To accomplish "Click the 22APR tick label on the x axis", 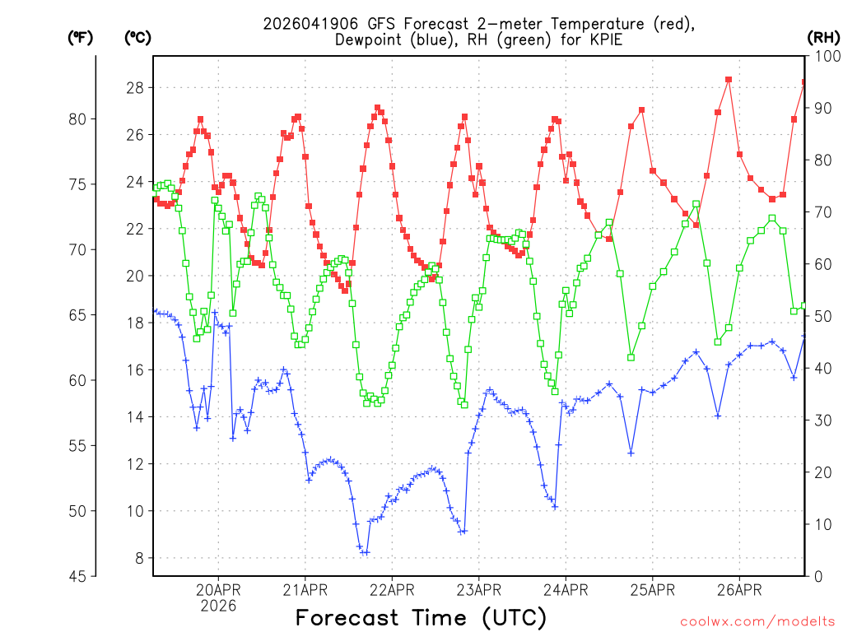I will point(392,589).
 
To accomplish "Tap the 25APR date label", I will point(652,589).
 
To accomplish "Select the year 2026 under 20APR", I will point(218,606).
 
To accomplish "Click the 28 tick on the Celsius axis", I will point(135,88).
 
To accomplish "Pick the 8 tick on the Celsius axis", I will point(139,558).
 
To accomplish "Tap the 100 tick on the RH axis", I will point(824,56).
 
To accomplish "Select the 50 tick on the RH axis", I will point(821,316).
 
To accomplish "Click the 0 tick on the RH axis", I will point(817,576).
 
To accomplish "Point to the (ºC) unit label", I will point(137,37).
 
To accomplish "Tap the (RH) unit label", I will point(823,37).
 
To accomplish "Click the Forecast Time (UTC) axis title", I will point(421,617).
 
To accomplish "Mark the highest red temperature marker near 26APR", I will point(729,80).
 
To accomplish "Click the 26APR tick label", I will point(739,589).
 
